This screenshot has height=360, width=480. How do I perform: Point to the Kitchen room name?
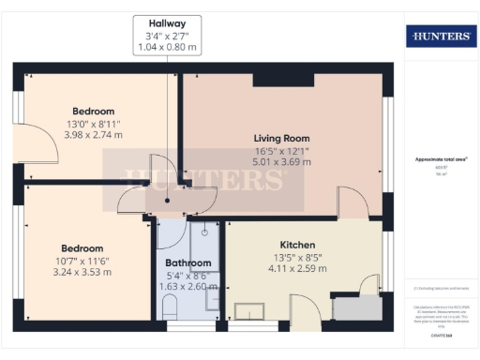point(296,245)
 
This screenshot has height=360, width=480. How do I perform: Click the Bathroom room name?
point(188,263)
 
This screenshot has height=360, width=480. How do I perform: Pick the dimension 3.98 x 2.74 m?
point(93,135)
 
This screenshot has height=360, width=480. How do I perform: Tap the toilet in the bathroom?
point(170,307)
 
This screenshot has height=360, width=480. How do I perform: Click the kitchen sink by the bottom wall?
point(249,311)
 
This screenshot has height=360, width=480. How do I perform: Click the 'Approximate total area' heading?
point(441,160)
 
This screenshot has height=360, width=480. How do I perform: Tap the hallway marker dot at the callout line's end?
point(168,200)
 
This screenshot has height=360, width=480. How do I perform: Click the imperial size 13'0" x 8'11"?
point(93,123)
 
